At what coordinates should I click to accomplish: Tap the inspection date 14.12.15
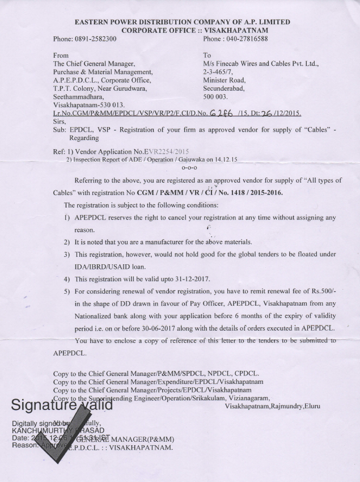point(226,160)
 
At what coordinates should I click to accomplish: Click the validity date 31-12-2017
point(169,279)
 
